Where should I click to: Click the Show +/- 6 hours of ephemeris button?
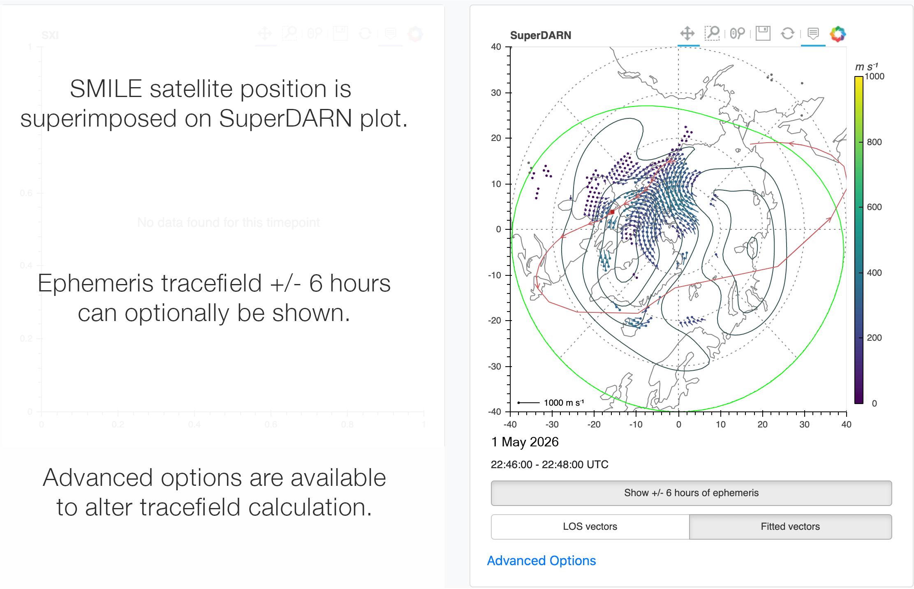click(691, 493)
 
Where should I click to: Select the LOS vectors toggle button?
click(590, 527)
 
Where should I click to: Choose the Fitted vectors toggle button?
click(790, 527)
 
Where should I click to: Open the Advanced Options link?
click(541, 561)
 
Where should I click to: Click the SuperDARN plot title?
click(540, 35)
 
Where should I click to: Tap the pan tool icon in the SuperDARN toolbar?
click(687, 33)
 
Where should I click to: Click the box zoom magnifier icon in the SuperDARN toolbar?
click(712, 33)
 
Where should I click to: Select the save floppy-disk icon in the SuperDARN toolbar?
click(763, 33)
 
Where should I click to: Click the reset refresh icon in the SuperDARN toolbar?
click(787, 33)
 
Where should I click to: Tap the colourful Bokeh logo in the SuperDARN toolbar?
click(838, 34)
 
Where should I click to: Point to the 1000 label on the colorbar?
click(874, 76)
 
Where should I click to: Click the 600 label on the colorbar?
click(874, 207)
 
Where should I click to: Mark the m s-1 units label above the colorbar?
click(866, 67)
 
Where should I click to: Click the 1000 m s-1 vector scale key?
click(551, 403)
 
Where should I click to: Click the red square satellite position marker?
click(612, 212)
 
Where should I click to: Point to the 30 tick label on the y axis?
click(496, 93)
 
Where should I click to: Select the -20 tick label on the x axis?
click(594, 425)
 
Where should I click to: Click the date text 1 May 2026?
click(525, 442)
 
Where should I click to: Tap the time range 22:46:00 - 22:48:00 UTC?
click(549, 465)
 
